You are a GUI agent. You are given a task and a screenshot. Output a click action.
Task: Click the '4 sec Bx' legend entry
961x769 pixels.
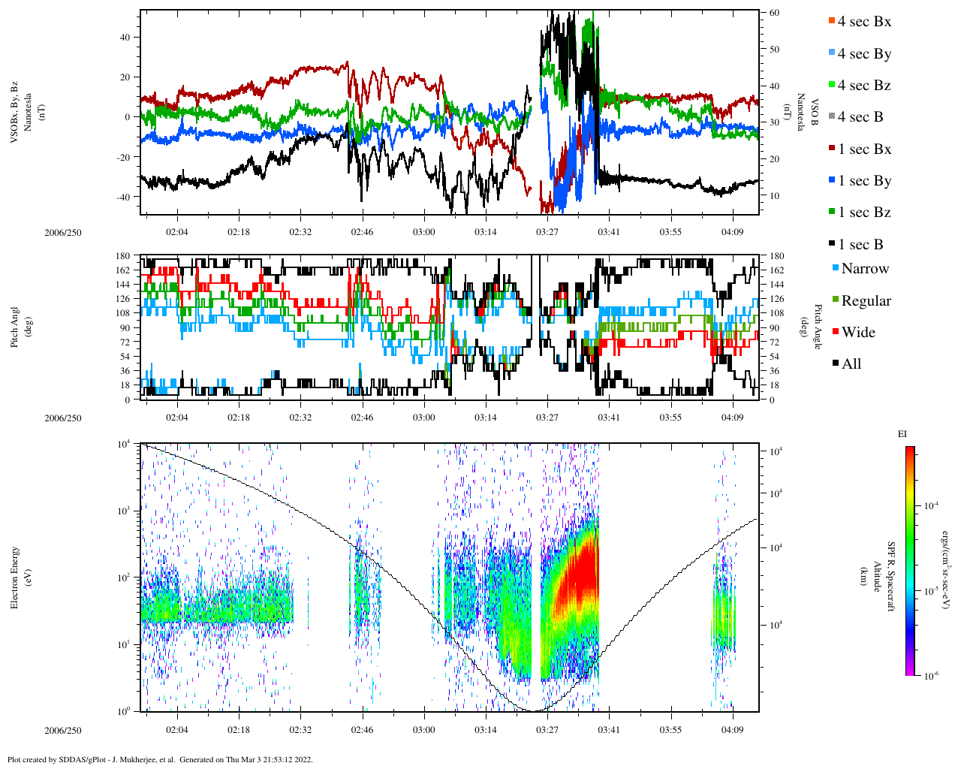click(x=863, y=22)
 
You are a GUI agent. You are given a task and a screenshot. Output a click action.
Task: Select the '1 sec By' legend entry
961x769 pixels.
click(x=864, y=181)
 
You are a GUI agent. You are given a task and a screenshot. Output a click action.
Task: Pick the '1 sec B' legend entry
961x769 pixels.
click(x=860, y=245)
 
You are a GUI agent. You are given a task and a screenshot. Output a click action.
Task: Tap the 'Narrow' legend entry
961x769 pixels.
click(x=864, y=269)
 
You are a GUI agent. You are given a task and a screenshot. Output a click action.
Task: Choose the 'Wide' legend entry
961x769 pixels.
click(x=858, y=333)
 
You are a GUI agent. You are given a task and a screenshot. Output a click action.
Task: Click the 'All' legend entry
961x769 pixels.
click(x=851, y=364)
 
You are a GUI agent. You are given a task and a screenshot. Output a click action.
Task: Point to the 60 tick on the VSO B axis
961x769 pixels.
click(x=774, y=14)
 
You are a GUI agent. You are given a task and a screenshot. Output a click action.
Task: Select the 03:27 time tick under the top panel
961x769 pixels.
click(x=547, y=232)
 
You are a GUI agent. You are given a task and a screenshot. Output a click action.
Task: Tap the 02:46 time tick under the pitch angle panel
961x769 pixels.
click(x=362, y=418)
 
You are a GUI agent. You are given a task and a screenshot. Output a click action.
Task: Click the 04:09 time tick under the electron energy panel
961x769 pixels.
click(x=732, y=729)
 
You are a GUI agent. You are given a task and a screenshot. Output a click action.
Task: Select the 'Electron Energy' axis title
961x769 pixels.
click(x=15, y=577)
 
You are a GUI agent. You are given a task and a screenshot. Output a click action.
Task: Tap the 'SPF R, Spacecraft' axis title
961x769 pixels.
click(x=891, y=577)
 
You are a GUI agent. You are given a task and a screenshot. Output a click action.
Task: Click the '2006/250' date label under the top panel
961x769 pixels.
click(x=63, y=232)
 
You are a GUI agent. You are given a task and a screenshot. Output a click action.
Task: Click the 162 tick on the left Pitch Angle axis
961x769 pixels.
click(x=122, y=270)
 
